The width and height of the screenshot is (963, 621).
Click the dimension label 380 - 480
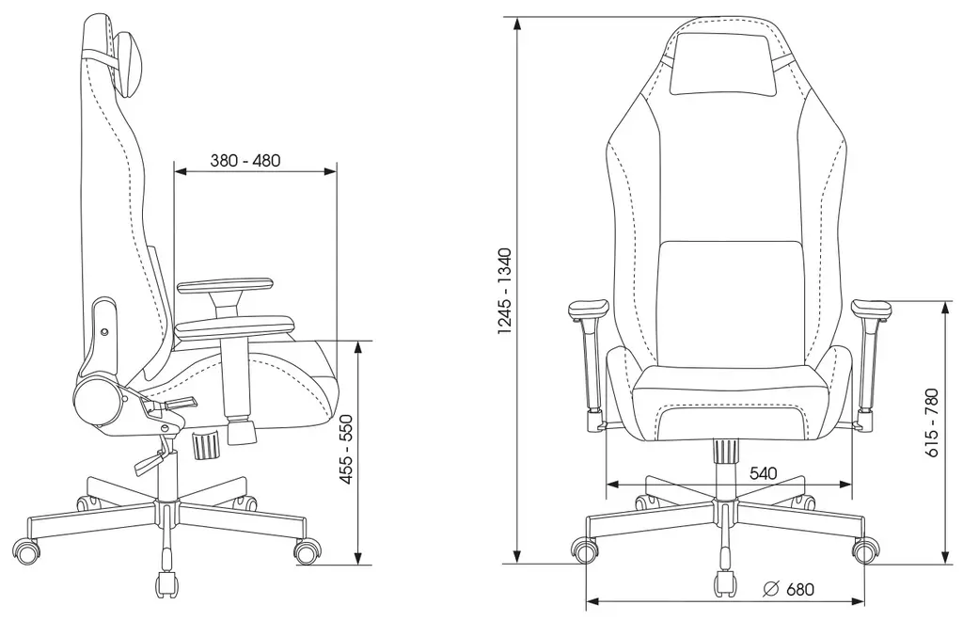245,160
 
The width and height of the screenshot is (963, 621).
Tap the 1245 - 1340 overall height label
505,291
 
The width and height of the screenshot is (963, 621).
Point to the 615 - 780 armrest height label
932,422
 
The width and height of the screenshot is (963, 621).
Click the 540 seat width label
764,473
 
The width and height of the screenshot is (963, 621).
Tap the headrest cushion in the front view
725,65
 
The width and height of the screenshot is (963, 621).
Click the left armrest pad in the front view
588,310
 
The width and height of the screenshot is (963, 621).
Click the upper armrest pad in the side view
226,285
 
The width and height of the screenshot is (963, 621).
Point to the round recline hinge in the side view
97,401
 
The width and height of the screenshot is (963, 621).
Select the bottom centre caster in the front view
725,583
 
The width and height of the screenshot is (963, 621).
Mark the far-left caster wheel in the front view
585,549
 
